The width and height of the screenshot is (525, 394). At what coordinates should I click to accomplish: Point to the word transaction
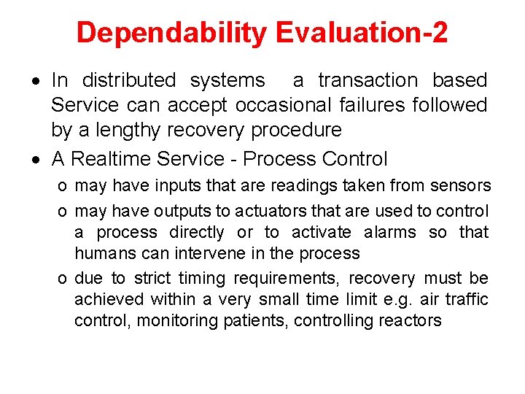368,80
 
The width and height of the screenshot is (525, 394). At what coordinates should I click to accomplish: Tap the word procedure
296,131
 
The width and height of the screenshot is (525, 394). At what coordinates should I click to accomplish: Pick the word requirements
287,279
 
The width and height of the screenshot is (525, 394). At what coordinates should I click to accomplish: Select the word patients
258,321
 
